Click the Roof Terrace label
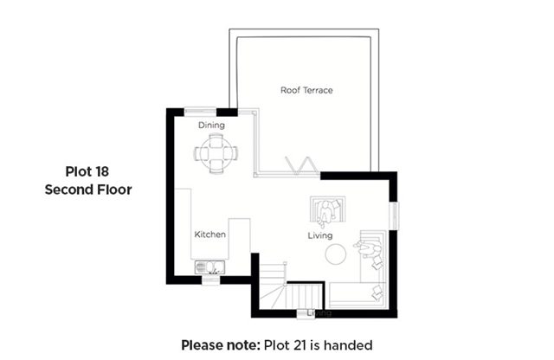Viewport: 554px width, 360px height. pos(306,90)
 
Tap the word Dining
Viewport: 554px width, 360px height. pos(211,125)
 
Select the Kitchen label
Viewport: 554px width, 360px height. pos(209,235)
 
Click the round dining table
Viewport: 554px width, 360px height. pos(216,154)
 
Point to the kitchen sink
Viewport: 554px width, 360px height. pos(209,267)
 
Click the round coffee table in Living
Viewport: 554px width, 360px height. pos(335,254)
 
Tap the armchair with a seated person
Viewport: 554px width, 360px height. pos(327,211)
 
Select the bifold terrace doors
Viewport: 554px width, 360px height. pos(301,166)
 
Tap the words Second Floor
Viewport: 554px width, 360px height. pos(88,190)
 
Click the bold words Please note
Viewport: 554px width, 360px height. pos(221,345)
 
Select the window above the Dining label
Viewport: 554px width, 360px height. pos(200,112)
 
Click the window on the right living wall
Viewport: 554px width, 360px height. pos(394,215)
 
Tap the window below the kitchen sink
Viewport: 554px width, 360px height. pos(210,280)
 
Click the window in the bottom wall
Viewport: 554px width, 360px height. pos(306,313)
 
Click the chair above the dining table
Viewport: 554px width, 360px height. pos(216,139)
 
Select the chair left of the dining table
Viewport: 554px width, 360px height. pos(201,154)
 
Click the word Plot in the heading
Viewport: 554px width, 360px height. pos(77,171)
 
